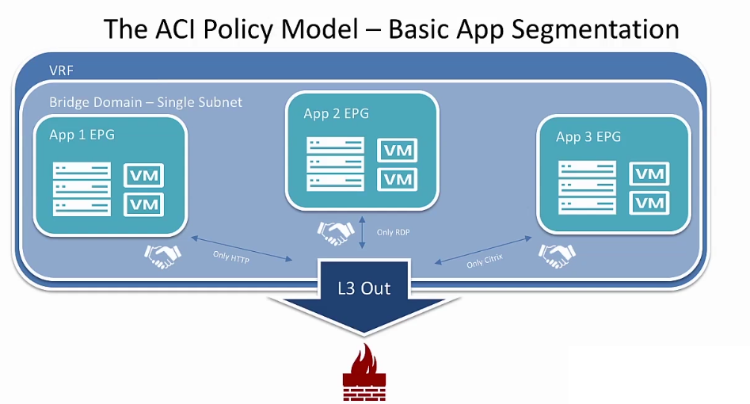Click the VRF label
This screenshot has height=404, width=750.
click(61, 71)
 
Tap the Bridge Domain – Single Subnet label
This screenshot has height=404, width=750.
click(146, 102)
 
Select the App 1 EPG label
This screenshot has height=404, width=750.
click(82, 135)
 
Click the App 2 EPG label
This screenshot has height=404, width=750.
click(337, 113)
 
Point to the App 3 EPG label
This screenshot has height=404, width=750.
click(588, 137)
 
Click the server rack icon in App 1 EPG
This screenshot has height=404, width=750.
click(82, 189)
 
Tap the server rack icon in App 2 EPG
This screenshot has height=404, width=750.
click(335, 164)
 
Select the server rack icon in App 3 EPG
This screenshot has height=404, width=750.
click(588, 187)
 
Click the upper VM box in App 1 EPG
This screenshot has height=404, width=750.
click(144, 175)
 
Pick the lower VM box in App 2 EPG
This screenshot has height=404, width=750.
click(398, 180)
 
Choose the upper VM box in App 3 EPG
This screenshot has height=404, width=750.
click(649, 173)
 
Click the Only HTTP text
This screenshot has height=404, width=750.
click(231, 257)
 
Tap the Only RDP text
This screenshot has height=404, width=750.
click(393, 232)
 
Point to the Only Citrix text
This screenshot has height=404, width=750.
click(485, 261)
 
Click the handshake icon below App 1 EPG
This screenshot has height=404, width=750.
click(162, 256)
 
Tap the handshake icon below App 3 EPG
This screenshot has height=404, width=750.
click(558, 256)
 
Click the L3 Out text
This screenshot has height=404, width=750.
click(364, 288)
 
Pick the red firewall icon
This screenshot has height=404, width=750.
click(364, 372)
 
